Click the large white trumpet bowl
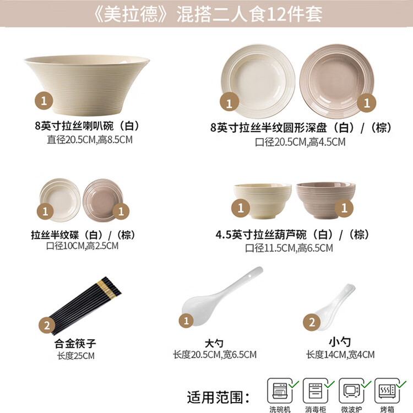tap(87, 85)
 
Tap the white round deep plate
tap(258, 80)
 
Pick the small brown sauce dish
tap(103, 200)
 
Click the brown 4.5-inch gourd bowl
tap(325, 200)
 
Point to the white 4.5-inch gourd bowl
tap(263, 200)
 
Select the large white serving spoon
tap(222, 296)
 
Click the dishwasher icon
tap(280, 391)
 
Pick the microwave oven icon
tap(351, 391)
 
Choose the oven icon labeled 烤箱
tap(387, 391)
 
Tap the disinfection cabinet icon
tap(316, 391)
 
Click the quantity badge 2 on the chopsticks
tap(47, 325)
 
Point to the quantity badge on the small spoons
tap(312, 322)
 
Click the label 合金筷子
tap(75, 344)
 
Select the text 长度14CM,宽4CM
tap(340, 355)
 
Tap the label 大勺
tap(214, 344)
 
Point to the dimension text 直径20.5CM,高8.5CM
tap(90, 140)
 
